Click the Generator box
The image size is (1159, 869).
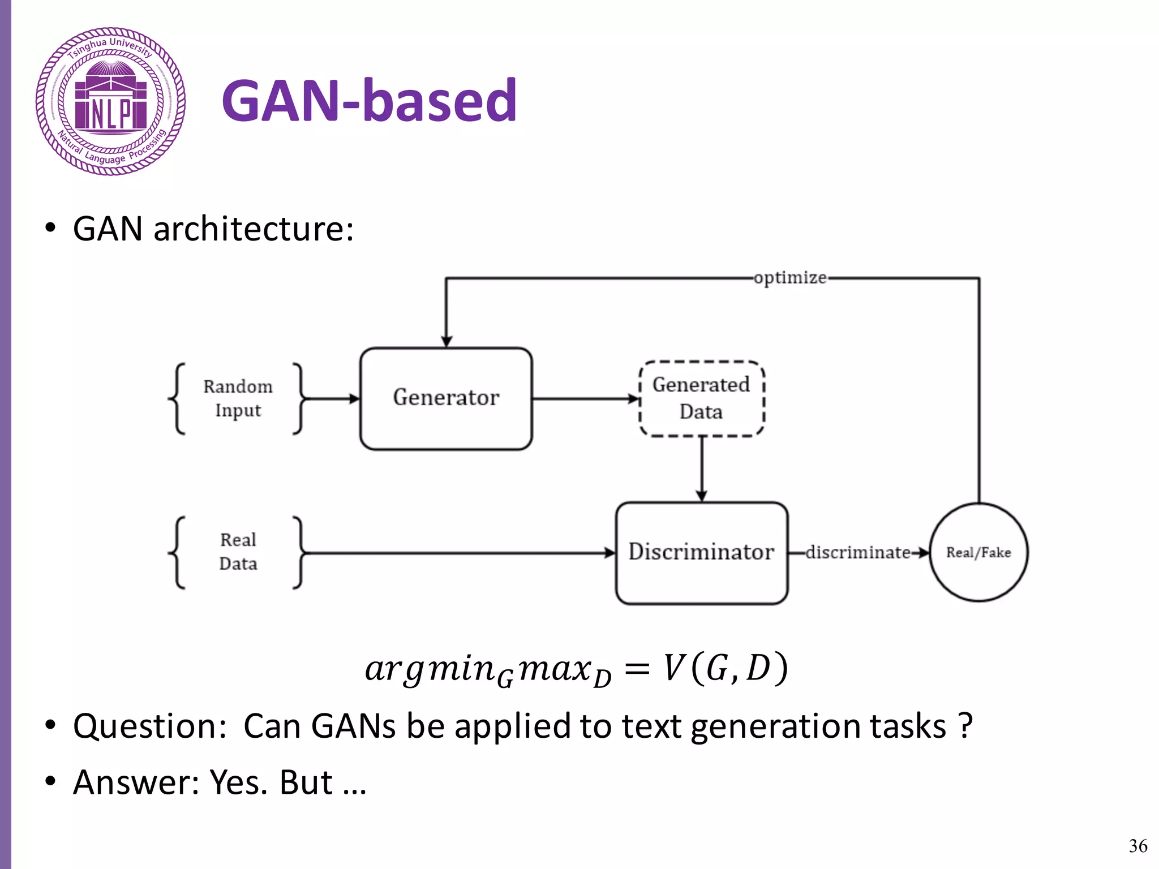[446, 398]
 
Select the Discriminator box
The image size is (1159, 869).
[701, 553]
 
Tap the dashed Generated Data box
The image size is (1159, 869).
[701, 398]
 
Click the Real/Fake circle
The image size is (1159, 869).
[978, 552]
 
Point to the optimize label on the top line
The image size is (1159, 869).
[790, 278]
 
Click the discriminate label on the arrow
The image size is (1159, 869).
[858, 552]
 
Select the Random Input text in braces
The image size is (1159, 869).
[238, 398]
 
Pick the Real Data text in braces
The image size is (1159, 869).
[238, 552]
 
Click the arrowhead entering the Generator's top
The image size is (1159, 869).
[447, 341]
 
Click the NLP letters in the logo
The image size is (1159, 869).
[111, 115]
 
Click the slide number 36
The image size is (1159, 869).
[1137, 846]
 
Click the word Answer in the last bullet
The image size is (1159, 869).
[136, 783]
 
